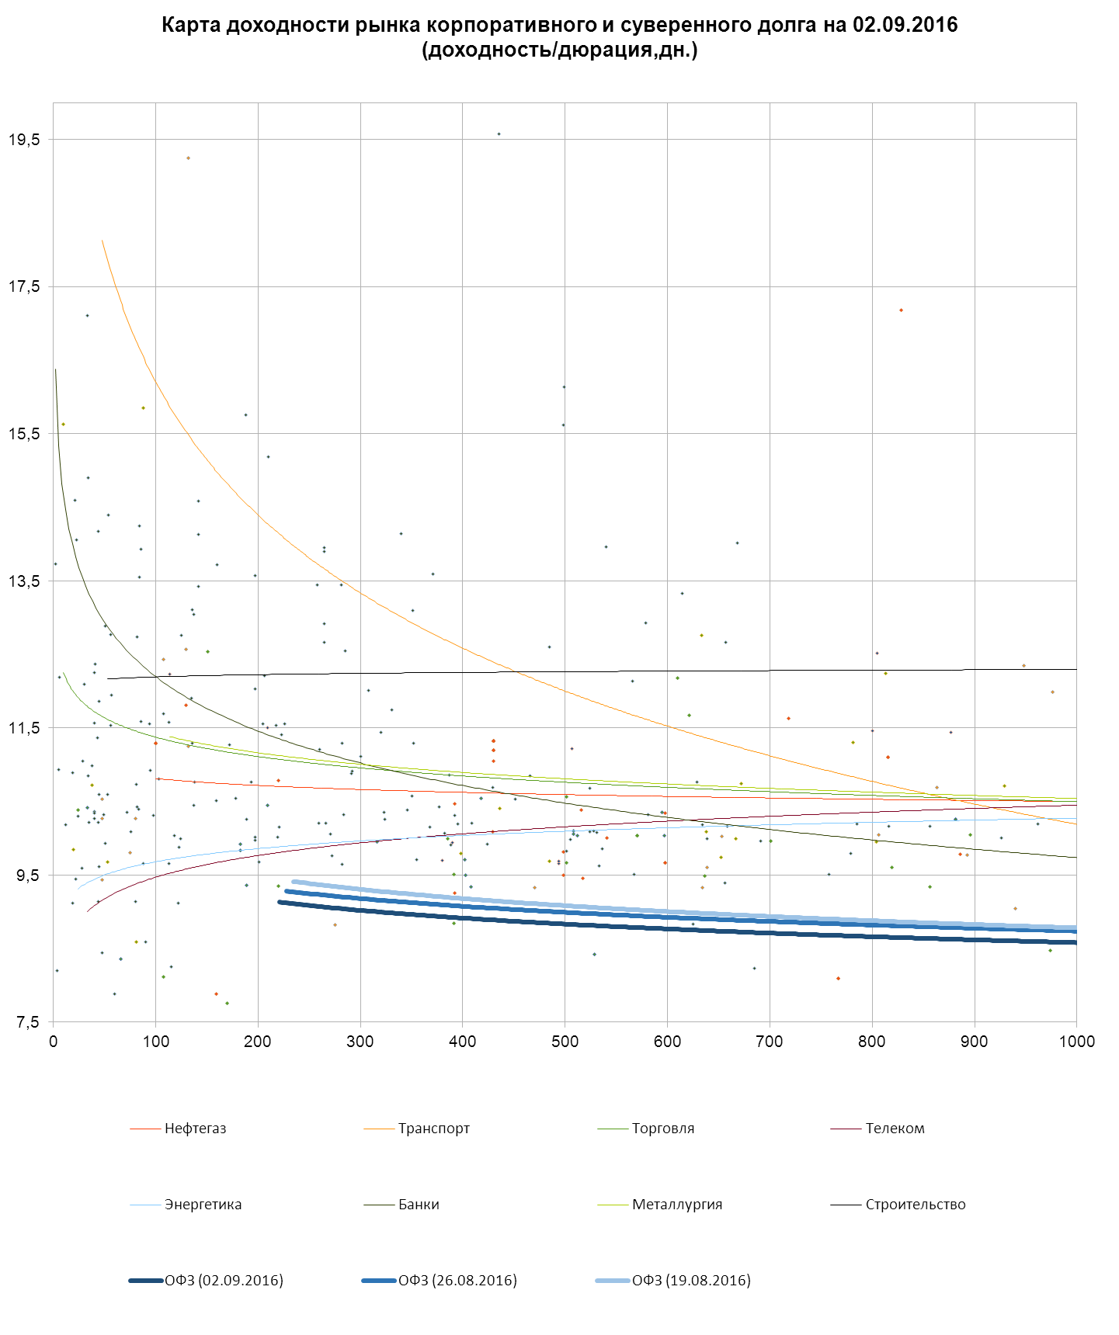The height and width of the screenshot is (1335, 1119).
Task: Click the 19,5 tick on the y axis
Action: tap(24, 140)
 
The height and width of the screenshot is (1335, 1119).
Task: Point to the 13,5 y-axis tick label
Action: tap(24, 581)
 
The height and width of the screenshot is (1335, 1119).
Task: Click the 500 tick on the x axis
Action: tap(565, 1042)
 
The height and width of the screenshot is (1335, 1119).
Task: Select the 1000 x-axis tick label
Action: tap(1076, 1042)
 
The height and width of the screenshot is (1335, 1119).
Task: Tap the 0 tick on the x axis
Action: tap(53, 1042)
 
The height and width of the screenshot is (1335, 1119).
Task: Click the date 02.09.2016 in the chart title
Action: tap(905, 25)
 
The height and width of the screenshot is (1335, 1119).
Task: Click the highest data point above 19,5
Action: tap(499, 134)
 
